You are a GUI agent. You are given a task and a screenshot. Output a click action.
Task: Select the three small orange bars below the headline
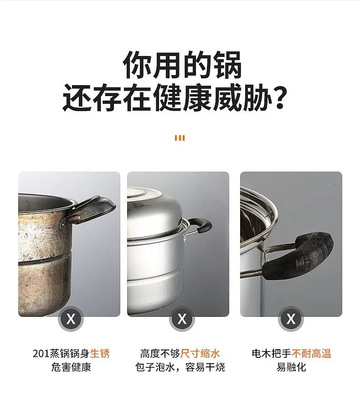tap(180, 138)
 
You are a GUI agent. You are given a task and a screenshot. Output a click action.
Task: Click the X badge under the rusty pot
tap(71, 319)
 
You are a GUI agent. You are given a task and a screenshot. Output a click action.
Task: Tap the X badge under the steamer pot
tap(182, 319)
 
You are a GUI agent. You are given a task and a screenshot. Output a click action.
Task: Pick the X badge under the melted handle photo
tap(291, 319)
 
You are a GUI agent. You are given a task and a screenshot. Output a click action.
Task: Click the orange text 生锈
tap(100, 353)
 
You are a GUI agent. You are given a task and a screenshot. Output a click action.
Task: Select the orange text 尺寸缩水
tap(200, 353)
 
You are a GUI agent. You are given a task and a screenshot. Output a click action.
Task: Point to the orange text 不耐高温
tap(311, 353)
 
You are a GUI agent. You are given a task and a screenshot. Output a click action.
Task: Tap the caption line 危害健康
tap(71, 367)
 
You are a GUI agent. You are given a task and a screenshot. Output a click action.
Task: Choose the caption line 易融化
tap(291, 367)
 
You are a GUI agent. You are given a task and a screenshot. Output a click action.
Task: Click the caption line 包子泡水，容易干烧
tap(180, 367)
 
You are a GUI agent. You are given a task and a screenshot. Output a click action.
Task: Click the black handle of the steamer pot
tap(201, 225)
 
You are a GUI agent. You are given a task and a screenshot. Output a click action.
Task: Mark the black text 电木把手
tap(272, 353)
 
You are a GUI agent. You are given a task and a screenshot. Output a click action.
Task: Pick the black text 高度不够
tap(160, 353)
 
